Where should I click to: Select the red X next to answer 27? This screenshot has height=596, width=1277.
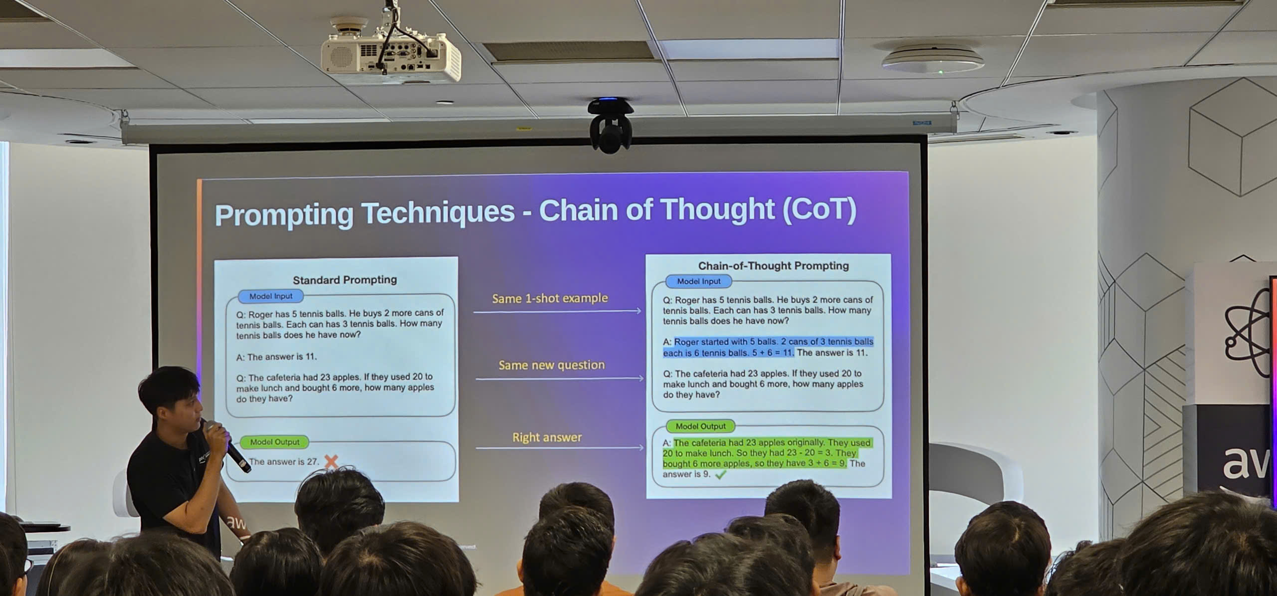pyautogui.click(x=331, y=461)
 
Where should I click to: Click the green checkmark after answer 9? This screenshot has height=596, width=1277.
pyautogui.click(x=721, y=475)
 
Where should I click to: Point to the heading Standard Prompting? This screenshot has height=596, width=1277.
pyautogui.click(x=345, y=280)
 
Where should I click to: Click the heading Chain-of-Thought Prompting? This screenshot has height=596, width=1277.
pyautogui.click(x=773, y=266)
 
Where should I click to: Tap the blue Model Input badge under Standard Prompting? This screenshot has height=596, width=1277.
pyautogui.click(x=271, y=296)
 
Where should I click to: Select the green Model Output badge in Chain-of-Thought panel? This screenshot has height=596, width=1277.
pyautogui.click(x=700, y=426)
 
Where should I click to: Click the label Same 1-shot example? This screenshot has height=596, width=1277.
pyautogui.click(x=550, y=298)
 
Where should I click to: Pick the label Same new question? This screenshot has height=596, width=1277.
pyautogui.click(x=551, y=365)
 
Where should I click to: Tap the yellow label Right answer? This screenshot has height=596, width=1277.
pyautogui.click(x=547, y=437)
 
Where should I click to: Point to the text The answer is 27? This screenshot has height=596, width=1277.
pyautogui.click(x=283, y=462)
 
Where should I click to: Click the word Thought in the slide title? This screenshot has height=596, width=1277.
pyautogui.click(x=717, y=209)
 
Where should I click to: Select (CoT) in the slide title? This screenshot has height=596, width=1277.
pyautogui.click(x=819, y=209)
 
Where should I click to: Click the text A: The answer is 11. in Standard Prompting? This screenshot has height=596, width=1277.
pyautogui.click(x=276, y=357)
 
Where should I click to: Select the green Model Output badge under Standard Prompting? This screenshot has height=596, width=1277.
pyautogui.click(x=274, y=442)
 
